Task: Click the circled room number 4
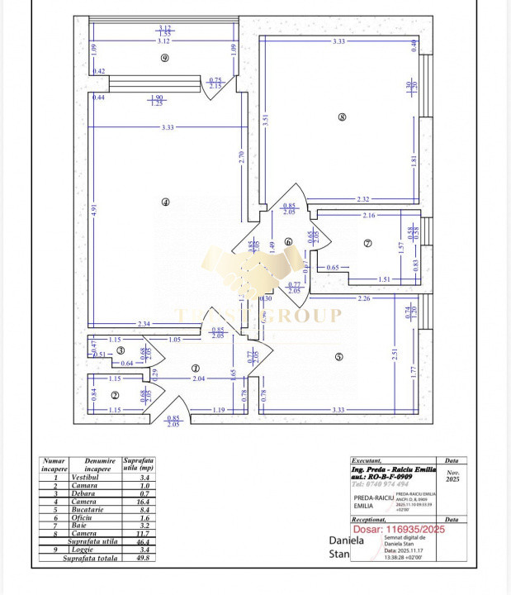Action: [166, 202]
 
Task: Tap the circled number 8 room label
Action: [342, 117]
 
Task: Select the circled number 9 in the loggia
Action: [165, 58]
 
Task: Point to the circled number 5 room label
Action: [338, 357]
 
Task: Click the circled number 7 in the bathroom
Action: [368, 243]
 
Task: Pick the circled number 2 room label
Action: [116, 395]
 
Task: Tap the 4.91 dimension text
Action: [95, 210]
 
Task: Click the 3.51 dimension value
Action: [266, 118]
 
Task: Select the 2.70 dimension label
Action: [241, 155]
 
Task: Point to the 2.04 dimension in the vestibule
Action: [198, 378]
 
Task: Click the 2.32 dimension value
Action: [363, 199]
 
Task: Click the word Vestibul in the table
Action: [85, 478]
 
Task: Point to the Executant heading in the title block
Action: [367, 461]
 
